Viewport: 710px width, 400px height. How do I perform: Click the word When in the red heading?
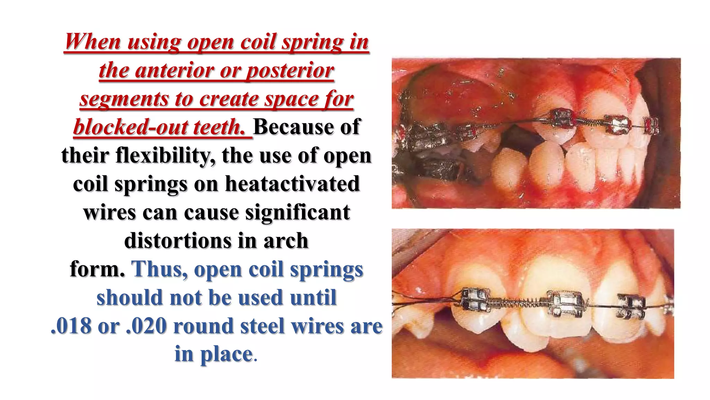tap(93, 42)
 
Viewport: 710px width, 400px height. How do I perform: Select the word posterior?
tap(290, 70)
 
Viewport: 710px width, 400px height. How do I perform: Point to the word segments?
tap(123, 99)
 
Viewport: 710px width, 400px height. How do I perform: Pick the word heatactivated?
tap(292, 184)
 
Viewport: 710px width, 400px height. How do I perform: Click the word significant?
tap(298, 212)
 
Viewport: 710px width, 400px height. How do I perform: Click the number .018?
tap(71, 326)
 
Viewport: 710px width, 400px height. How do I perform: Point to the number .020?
tap(146, 326)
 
